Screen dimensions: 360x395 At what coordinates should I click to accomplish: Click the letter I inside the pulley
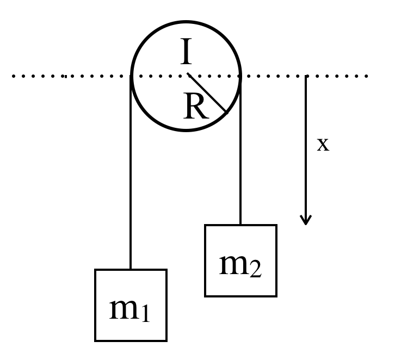(x=186, y=53)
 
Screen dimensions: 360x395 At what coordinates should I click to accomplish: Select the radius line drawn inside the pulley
(x=207, y=93)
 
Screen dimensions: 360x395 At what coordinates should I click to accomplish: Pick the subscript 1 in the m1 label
(x=144, y=314)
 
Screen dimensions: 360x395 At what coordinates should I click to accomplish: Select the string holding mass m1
(x=131, y=174)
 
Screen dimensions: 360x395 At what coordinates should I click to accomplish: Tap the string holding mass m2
(x=240, y=152)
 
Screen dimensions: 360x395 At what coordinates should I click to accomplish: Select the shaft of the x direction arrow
(x=306, y=147)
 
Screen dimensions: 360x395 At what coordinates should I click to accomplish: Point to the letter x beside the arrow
(x=323, y=145)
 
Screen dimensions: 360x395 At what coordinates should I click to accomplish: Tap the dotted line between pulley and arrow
(x=272, y=76)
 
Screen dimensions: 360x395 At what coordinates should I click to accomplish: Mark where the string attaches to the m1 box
(x=131, y=269)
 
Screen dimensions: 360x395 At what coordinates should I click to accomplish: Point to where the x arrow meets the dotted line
(x=306, y=76)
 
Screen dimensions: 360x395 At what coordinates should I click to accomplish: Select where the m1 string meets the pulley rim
(x=131, y=76)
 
